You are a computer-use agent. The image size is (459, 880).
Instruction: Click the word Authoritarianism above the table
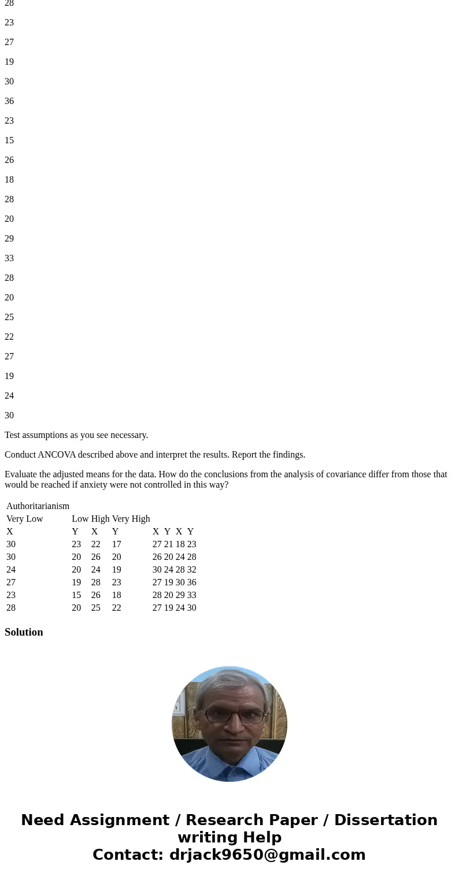coord(38,506)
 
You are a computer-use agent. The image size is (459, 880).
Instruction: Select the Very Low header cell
coord(25,519)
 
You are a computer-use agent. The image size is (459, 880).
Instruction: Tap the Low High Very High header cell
coord(110,519)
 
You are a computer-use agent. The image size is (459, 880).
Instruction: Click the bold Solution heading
coord(24,632)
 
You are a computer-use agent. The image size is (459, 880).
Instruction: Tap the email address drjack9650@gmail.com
coord(267,855)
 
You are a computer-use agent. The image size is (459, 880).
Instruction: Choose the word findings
coord(287,455)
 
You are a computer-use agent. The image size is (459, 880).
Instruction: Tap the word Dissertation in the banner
coord(386,820)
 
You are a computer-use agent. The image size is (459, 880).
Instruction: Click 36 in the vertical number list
coord(9,101)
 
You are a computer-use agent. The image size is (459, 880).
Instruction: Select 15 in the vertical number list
coord(9,140)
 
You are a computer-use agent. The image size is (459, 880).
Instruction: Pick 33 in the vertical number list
coord(9,258)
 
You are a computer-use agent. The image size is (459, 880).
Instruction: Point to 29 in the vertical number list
coord(9,239)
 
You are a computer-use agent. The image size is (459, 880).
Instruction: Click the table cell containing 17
coord(117,544)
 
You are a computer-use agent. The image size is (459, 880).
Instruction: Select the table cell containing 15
coord(76,595)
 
